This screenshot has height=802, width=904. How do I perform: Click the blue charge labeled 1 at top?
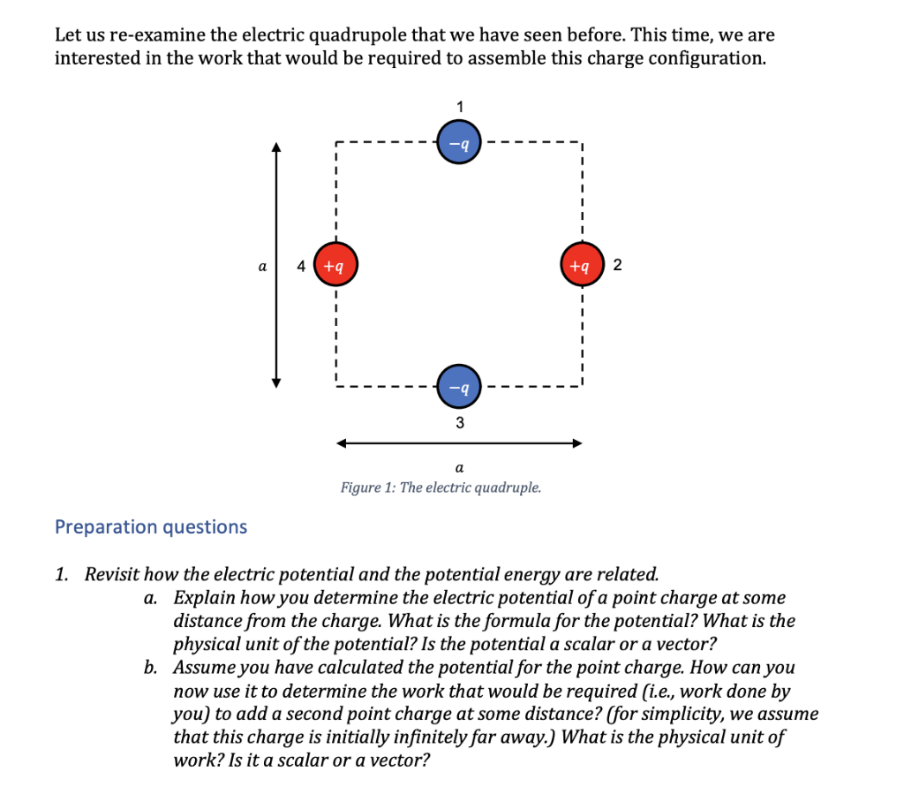click(x=458, y=141)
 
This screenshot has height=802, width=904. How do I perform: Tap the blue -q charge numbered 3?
click(x=458, y=386)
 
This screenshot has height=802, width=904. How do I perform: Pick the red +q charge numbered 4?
click(x=335, y=263)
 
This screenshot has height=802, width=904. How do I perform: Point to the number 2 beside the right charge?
click(x=616, y=264)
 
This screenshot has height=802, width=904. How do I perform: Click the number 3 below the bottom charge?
click(x=459, y=423)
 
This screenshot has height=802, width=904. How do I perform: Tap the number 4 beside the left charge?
click(x=302, y=264)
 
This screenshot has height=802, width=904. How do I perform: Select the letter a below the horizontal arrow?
click(x=459, y=465)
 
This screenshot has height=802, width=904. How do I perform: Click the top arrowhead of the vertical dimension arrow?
click(x=277, y=148)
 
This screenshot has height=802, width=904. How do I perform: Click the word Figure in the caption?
click(x=361, y=488)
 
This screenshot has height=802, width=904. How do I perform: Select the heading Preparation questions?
click(x=151, y=527)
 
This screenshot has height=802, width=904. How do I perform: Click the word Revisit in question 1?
click(x=114, y=575)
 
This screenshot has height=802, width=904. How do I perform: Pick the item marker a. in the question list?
click(x=151, y=598)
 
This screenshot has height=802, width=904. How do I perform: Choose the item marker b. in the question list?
click(x=151, y=667)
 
